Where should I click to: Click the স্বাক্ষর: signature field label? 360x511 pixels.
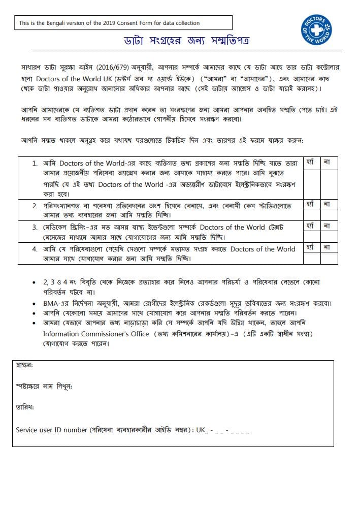click(x=25, y=365)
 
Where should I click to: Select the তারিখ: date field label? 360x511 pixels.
click(x=25, y=407)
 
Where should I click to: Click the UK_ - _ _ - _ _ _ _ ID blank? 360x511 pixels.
click(x=223, y=430)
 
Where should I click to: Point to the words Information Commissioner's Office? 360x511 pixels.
click(x=96, y=334)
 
